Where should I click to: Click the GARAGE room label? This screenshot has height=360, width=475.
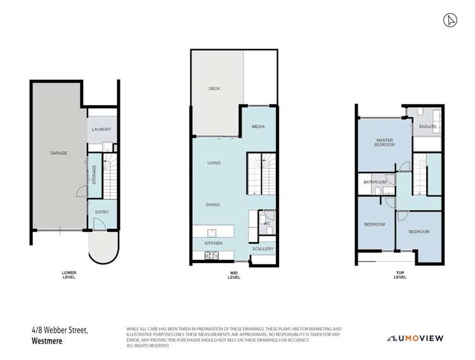(59, 153)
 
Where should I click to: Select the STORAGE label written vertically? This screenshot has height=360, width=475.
(95, 175)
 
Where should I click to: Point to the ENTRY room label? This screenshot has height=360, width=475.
(101, 212)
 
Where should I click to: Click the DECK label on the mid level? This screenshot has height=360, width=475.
(214, 88)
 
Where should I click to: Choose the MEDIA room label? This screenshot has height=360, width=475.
(257, 127)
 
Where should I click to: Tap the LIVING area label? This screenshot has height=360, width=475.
(214, 163)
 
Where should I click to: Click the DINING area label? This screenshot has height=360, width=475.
(212, 205)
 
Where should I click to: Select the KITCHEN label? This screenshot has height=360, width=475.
(213, 243)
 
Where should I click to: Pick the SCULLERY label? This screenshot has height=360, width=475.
(262, 248)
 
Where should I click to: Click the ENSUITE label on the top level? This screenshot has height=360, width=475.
(428, 127)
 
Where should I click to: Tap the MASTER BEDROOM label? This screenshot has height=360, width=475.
(385, 143)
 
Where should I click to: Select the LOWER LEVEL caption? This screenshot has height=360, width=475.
(69, 274)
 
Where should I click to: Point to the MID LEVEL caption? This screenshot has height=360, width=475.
(233, 275)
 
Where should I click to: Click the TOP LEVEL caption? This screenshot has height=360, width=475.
(400, 275)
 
